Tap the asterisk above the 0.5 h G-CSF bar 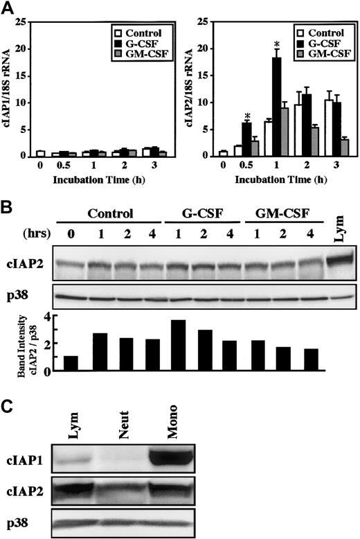(246, 116)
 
